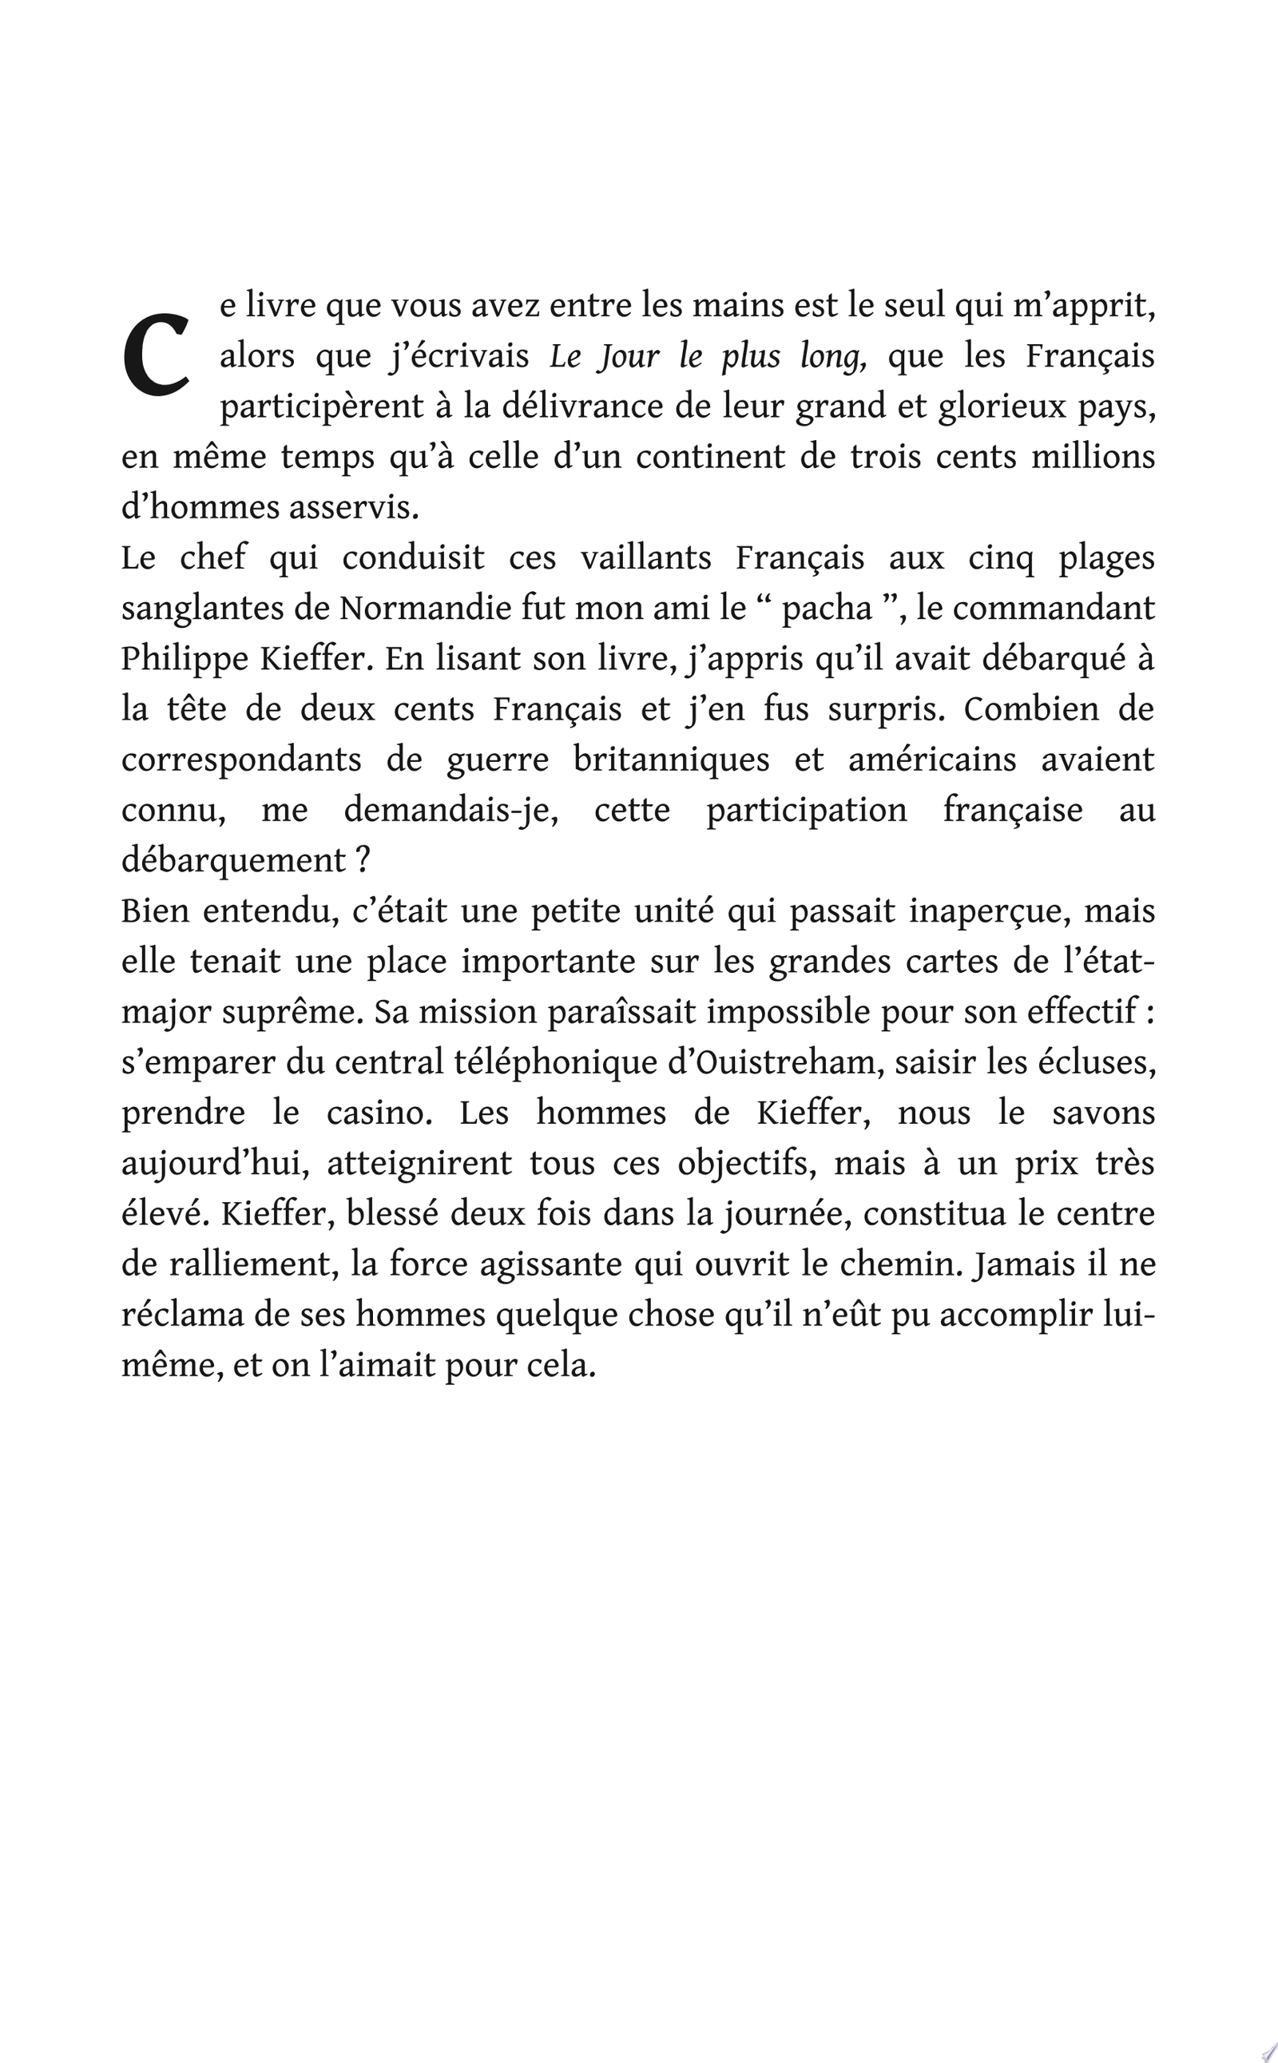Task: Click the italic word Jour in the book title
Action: (x=627, y=358)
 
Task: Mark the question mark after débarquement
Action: (x=363, y=861)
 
